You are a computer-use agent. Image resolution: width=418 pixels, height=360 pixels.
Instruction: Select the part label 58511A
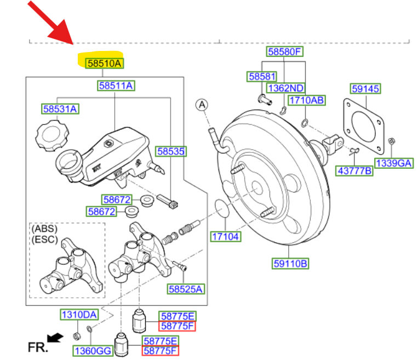(117, 85)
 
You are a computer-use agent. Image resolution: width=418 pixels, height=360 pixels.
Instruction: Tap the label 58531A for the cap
(60, 109)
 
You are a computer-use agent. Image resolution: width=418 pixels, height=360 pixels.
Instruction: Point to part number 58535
(171, 151)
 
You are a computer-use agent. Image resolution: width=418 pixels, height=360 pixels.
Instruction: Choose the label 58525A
(186, 289)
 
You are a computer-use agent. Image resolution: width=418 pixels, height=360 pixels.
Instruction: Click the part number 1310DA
(79, 315)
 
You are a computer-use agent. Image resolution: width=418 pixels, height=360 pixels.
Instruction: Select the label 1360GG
(93, 350)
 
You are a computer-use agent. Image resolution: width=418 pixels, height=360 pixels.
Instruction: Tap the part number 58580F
(285, 53)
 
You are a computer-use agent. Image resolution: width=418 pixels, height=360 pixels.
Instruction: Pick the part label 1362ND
(285, 88)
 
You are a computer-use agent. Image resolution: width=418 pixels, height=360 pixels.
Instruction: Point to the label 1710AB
(307, 100)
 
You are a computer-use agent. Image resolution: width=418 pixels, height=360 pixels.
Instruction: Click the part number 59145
(365, 89)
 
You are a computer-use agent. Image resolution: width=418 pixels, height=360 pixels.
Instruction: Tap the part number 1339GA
(393, 162)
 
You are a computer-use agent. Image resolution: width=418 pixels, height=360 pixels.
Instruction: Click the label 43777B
(354, 171)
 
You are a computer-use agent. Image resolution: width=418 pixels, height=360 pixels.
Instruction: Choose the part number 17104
(226, 236)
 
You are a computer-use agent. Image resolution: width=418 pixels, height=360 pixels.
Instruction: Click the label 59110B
(290, 264)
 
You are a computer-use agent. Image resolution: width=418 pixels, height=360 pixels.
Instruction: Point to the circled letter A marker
(202, 104)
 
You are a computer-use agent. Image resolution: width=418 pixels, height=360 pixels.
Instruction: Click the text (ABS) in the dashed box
(44, 228)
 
